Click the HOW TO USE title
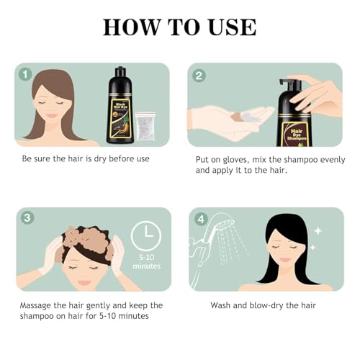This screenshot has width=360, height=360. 179,27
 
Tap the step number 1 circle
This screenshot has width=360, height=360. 25,73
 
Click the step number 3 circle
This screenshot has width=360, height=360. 26,218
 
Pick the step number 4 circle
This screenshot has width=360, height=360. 201,218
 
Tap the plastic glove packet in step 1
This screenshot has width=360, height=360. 149,121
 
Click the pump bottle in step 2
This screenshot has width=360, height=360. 294,115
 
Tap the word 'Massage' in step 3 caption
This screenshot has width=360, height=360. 40,305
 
